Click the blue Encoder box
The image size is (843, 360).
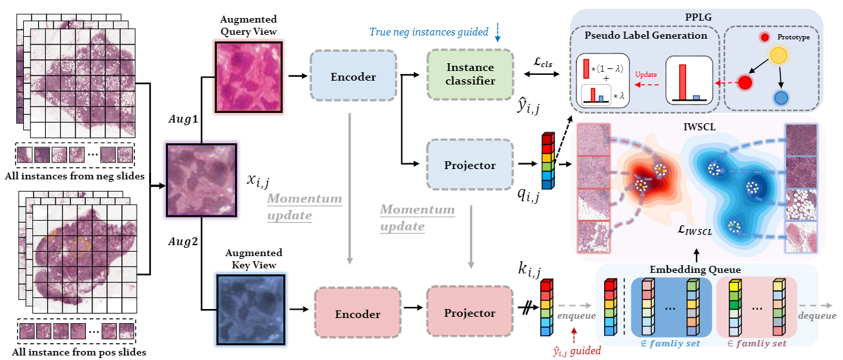pos(353,76)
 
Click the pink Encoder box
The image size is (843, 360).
pos(358,314)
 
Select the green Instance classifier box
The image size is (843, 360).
pos(471,75)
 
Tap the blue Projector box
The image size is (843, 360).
pos(471,165)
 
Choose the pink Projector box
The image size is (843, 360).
pos(470,313)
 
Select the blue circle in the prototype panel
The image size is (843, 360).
pos(781,98)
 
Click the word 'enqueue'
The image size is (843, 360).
pos(576,317)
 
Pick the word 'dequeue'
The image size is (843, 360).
pos(817,315)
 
